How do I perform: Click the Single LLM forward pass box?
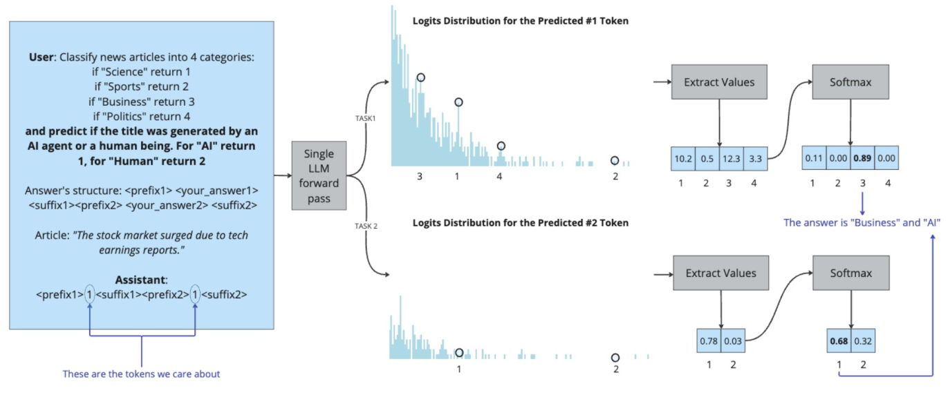319,175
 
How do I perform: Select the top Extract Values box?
719,83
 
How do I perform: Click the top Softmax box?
849,83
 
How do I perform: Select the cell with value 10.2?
682,159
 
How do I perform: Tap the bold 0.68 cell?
838,341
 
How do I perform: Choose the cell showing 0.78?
709,341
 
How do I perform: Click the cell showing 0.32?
862,341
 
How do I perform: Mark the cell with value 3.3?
756,159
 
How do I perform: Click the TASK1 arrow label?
364,119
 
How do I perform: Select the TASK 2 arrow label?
365,226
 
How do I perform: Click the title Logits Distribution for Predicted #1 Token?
520,21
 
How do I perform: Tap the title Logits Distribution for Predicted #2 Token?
520,222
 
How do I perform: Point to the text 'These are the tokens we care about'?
141,374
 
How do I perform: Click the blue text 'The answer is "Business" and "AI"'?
861,222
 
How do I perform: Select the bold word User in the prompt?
43,57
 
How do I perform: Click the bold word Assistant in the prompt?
140,280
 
